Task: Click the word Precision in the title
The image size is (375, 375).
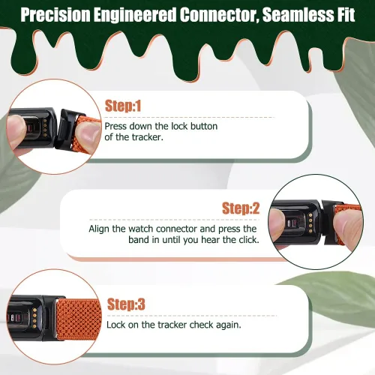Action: pyautogui.click(x=55, y=15)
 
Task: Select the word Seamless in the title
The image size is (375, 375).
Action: pyautogui.click(x=298, y=15)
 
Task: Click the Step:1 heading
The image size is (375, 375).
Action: pyautogui.click(x=123, y=106)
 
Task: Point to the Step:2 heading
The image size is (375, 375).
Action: pyautogui.click(x=241, y=208)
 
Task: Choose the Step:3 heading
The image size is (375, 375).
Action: pyautogui.click(x=126, y=304)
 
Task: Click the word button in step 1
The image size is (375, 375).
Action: pyautogui.click(x=204, y=126)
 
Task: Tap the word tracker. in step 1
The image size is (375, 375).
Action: pyautogui.click(x=148, y=137)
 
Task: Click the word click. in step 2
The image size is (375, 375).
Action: pyautogui.click(x=249, y=240)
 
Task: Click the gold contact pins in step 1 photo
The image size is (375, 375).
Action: pyautogui.click(x=45, y=127)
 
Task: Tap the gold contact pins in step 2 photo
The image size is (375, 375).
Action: pyautogui.click(x=310, y=223)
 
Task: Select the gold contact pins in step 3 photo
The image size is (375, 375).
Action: pyautogui.click(x=34, y=319)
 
